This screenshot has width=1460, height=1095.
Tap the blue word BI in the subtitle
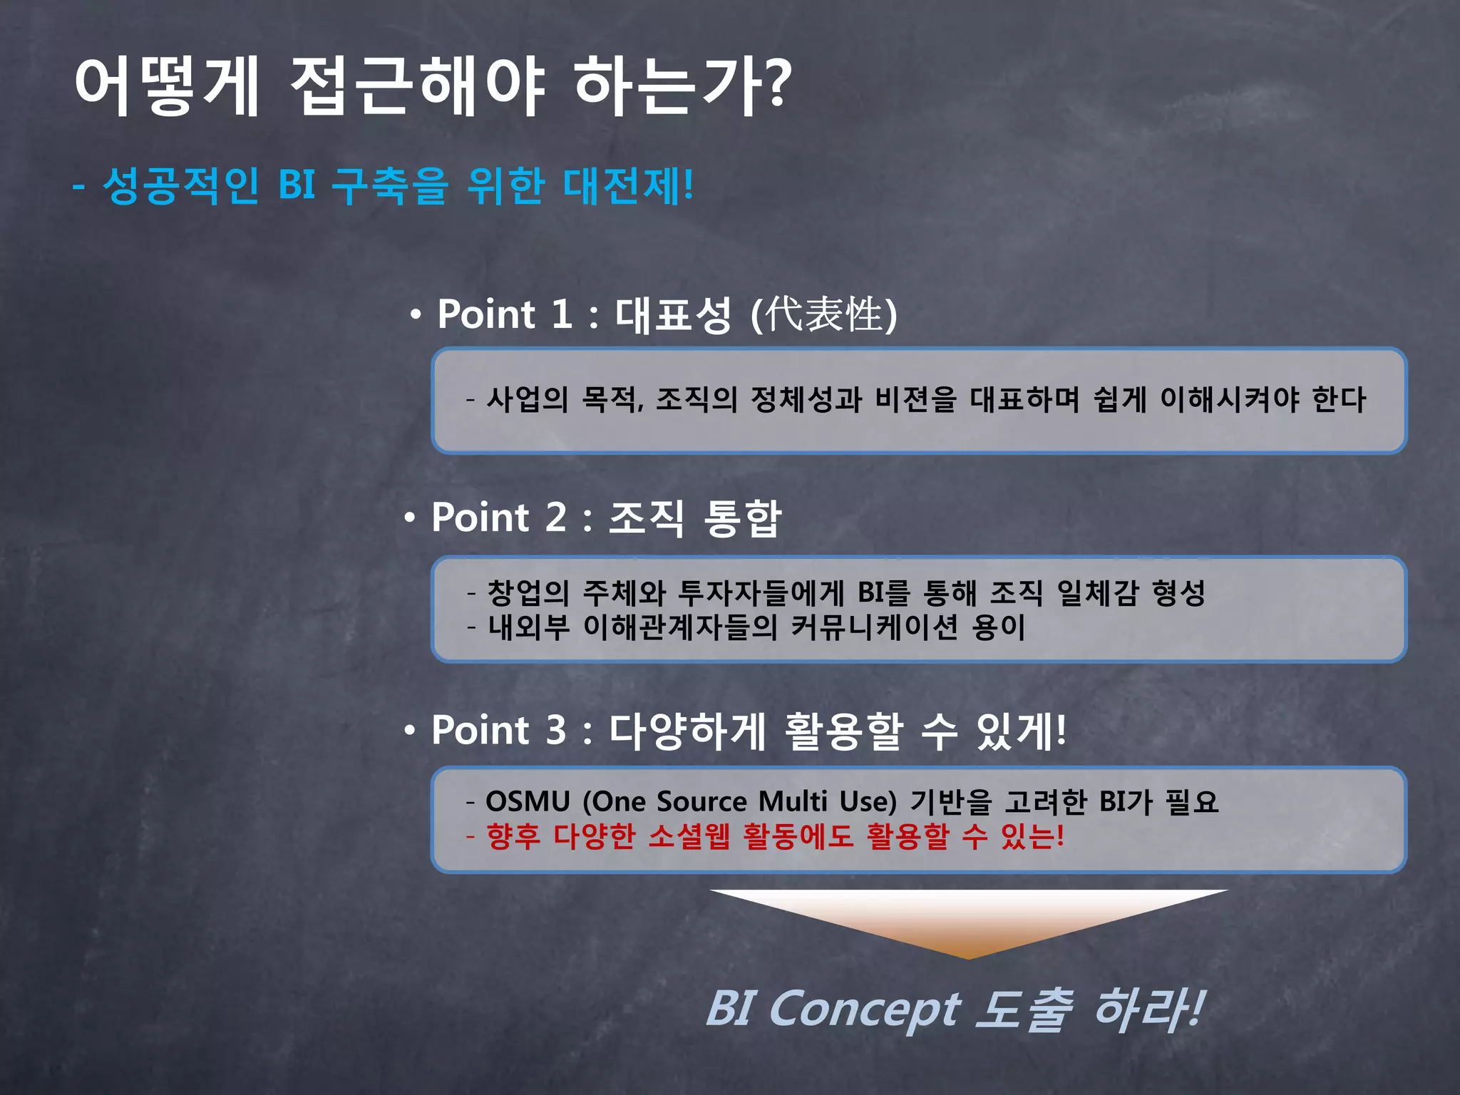pos(297,185)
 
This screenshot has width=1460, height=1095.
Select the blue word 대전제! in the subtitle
pos(628,185)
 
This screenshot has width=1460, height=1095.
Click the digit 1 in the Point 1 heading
pos(562,314)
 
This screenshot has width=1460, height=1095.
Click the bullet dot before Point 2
pos(409,518)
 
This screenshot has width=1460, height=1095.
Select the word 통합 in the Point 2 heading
pos(742,518)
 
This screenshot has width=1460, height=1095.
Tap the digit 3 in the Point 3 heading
pos(556,731)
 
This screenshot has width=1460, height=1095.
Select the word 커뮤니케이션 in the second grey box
pos(874,627)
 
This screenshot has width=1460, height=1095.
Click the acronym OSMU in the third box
pos(528,802)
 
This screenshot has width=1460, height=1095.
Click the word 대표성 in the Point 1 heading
pos(673,315)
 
